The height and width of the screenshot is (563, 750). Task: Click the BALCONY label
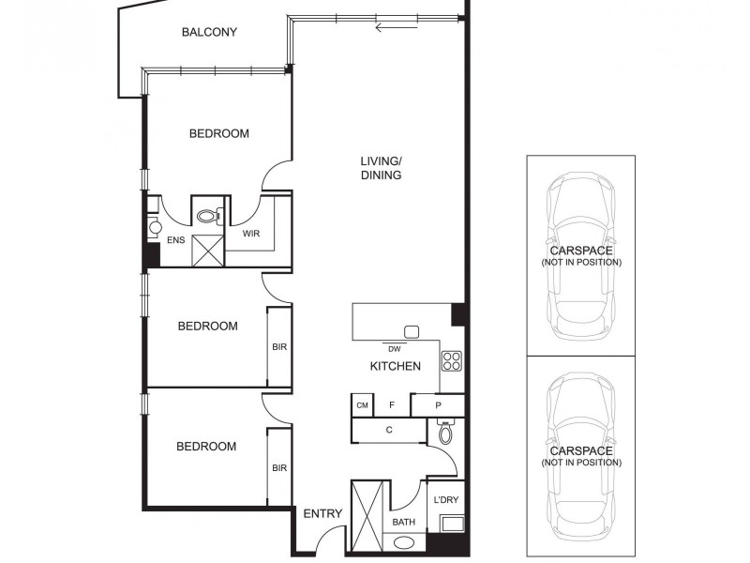[209, 32]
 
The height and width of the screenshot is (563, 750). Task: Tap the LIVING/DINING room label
[381, 168]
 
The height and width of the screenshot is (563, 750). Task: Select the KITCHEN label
[395, 366]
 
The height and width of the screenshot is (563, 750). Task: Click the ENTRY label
[322, 513]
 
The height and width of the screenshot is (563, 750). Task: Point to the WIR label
[251, 233]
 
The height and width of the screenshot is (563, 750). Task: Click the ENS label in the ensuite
[175, 241]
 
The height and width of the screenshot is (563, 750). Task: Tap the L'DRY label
[445, 500]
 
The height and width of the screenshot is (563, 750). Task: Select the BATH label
[404, 523]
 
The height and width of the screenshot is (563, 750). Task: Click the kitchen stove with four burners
[451, 360]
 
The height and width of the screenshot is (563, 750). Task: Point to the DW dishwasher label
[394, 348]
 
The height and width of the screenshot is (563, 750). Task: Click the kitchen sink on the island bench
[411, 331]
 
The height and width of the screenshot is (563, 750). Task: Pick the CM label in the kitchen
[362, 405]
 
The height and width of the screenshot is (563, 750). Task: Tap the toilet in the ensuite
[209, 215]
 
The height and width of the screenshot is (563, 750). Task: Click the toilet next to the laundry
[445, 434]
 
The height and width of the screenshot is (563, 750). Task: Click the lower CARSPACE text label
[580, 450]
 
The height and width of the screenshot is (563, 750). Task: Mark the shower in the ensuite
[207, 250]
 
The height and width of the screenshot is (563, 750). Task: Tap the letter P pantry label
[438, 405]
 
